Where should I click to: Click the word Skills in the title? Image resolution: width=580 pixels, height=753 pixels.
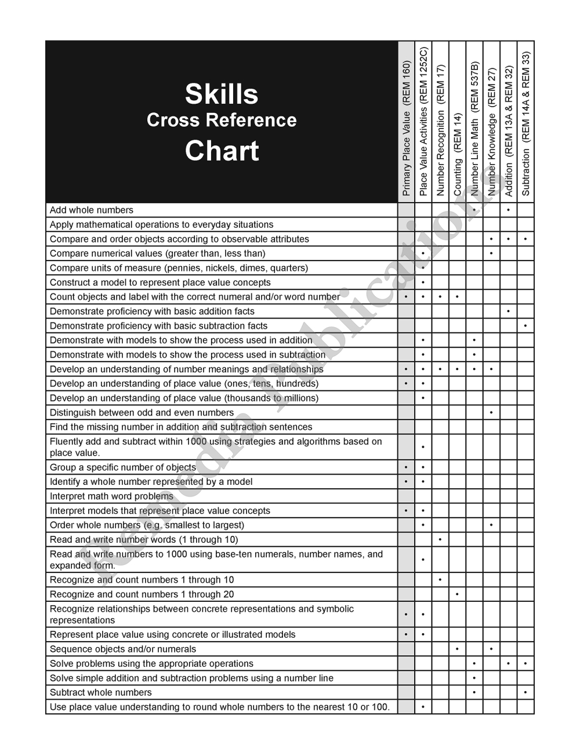coord(222,94)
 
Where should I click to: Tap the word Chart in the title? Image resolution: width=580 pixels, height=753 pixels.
coord(222,151)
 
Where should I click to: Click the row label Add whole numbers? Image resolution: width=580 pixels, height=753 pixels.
coord(92,210)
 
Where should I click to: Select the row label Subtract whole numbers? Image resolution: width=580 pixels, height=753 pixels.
coord(101,692)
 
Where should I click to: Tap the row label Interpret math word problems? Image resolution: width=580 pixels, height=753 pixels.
coord(111,496)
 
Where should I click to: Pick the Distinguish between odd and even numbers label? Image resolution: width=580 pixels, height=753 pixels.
coord(142,412)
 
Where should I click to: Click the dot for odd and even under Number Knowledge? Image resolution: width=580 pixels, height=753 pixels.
coord(491,412)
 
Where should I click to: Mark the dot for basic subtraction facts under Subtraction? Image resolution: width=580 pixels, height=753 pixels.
coord(525,326)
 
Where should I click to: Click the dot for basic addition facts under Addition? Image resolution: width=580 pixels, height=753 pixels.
coord(508,312)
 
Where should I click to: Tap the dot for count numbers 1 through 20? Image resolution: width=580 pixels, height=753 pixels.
coord(458,594)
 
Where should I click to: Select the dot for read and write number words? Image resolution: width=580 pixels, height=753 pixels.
coord(440,540)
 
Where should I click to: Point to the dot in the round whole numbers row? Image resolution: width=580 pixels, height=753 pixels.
coord(423,707)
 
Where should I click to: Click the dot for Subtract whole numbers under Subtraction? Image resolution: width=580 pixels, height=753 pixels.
coord(525,692)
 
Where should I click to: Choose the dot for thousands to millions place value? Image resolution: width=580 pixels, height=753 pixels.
coord(423,399)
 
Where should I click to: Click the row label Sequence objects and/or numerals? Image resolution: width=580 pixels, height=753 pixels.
coord(123,649)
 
